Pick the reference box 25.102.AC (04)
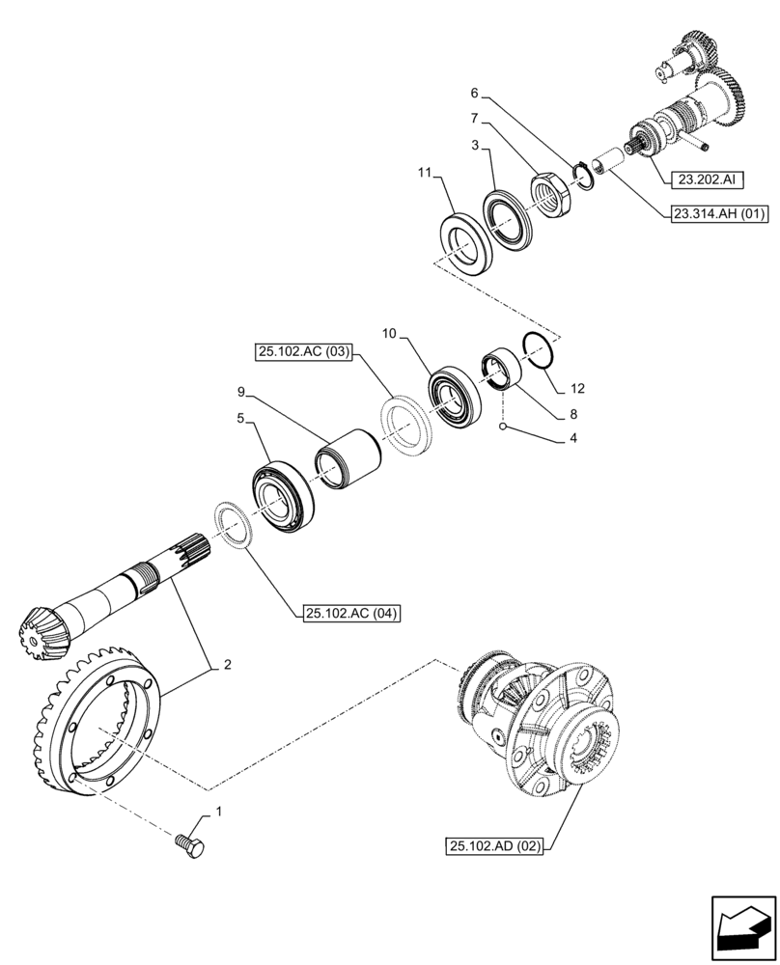[x=351, y=613]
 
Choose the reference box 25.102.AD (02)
[x=496, y=846]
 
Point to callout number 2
[x=227, y=664]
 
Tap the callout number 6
[x=474, y=94]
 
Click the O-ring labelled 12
[x=540, y=349]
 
